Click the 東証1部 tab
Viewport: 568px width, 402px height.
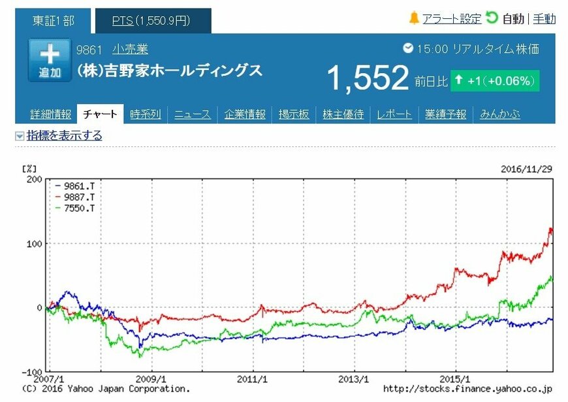[54, 21]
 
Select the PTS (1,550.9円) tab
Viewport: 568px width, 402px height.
[151, 21]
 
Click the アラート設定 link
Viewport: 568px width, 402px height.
[451, 19]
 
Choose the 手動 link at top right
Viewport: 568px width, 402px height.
[544, 19]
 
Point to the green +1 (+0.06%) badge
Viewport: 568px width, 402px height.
[494, 81]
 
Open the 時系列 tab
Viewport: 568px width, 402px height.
[145, 114]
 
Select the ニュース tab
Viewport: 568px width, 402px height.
[193, 114]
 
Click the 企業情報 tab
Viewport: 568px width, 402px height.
[245, 114]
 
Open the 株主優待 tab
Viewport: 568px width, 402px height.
[343, 114]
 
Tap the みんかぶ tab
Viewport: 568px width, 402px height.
[500, 114]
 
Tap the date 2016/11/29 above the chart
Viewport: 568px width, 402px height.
[526, 168]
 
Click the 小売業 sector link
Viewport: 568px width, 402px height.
[130, 50]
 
